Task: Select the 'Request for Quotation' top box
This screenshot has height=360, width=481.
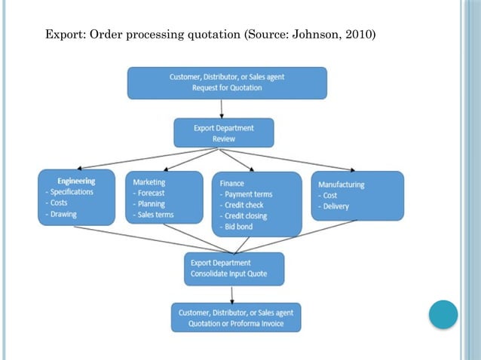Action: point(227,83)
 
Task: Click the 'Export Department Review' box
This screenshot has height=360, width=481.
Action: point(224,133)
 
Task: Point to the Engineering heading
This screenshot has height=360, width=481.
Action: point(76,181)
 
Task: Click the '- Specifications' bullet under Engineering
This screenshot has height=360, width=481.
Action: point(69,192)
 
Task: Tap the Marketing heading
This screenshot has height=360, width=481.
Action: point(149,182)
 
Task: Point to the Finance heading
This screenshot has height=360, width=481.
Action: point(232,183)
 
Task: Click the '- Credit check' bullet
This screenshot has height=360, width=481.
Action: point(242,205)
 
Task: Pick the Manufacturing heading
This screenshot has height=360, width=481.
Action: point(341,185)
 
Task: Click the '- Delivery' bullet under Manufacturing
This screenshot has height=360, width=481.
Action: point(333,206)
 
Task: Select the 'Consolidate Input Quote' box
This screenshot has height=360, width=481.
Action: point(234,269)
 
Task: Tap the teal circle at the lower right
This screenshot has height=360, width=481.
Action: point(443,314)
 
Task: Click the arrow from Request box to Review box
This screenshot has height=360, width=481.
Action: point(224,109)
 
